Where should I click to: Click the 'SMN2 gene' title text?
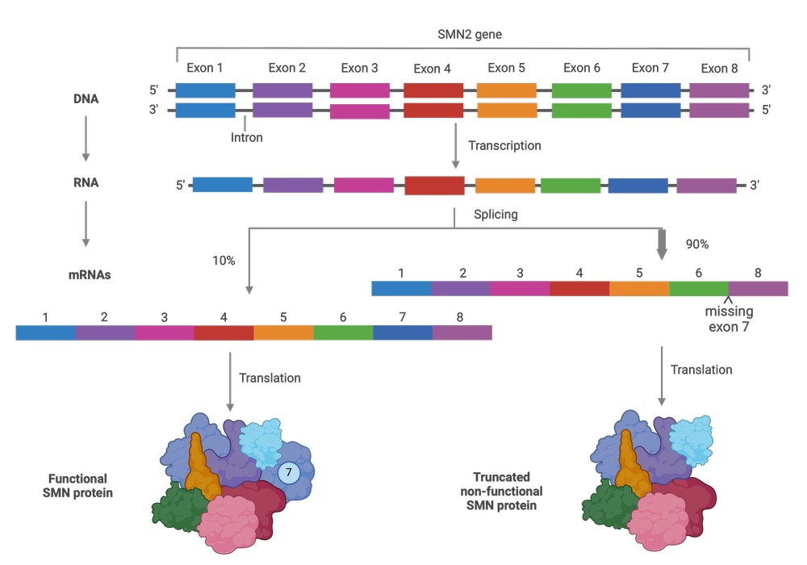click(469, 35)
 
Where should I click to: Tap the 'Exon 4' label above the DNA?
click(432, 69)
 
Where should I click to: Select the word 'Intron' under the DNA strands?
click(246, 138)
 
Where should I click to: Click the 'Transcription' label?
click(504, 146)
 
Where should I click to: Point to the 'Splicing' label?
click(495, 215)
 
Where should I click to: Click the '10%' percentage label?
click(224, 261)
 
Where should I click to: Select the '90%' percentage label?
click(696, 244)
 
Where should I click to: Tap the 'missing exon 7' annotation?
click(730, 320)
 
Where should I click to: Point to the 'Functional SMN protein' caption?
click(77, 486)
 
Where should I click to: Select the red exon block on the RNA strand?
click(434, 186)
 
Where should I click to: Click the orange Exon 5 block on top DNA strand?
click(507, 90)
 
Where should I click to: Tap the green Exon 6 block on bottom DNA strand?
click(581, 111)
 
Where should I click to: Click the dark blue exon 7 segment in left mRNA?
click(402, 333)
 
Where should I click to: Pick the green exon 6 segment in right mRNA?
click(699, 289)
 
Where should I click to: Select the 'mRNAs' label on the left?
click(89, 275)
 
